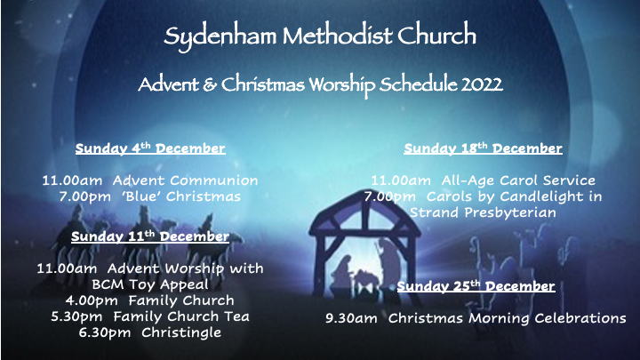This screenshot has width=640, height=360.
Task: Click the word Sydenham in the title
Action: tap(220, 36)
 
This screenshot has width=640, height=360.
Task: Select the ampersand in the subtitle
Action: tap(210, 84)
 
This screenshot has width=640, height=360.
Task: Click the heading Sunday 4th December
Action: tap(150, 148)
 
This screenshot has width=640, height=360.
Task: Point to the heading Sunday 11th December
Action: tap(150, 236)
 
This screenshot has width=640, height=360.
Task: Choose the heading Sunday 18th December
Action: tap(483, 148)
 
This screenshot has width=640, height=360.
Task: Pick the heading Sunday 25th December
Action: tap(476, 286)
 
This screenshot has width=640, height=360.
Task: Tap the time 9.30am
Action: tap(351, 318)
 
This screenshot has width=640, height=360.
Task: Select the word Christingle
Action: tap(181, 333)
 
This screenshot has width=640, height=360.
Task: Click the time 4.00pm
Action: tap(92, 301)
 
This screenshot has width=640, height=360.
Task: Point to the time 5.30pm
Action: tap(76, 317)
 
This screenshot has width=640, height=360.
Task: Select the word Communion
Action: tap(214, 180)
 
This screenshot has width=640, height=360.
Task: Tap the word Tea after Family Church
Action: tap(236, 316)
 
